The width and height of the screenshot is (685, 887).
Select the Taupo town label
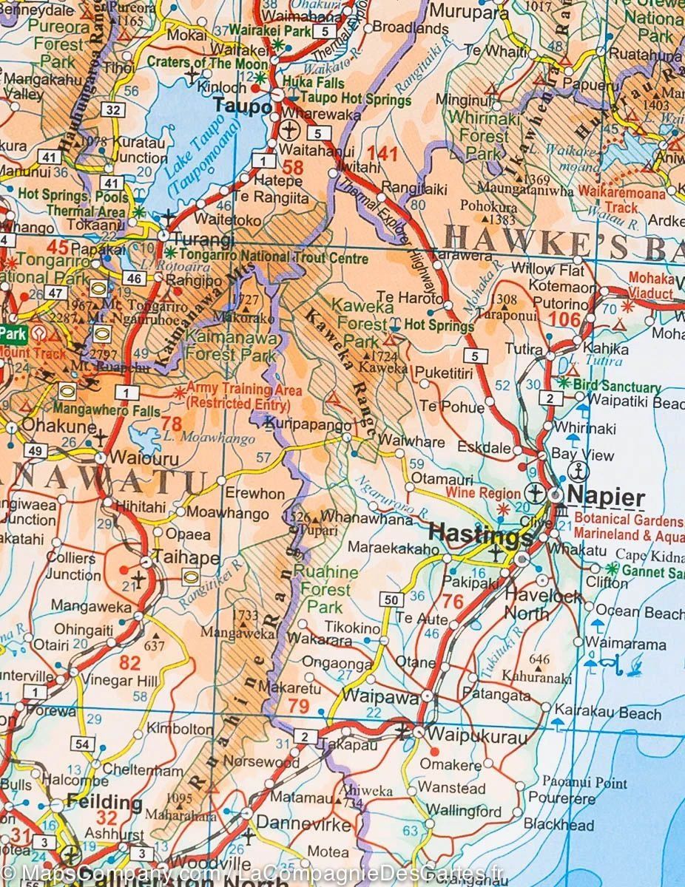click(x=243, y=106)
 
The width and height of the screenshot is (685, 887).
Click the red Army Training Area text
click(x=243, y=396)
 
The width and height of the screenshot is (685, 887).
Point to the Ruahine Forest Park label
click(x=325, y=589)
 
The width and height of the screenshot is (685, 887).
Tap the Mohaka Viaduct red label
click(x=651, y=285)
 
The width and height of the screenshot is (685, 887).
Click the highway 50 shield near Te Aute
click(x=391, y=599)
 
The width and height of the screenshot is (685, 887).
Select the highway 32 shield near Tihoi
click(x=112, y=110)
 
